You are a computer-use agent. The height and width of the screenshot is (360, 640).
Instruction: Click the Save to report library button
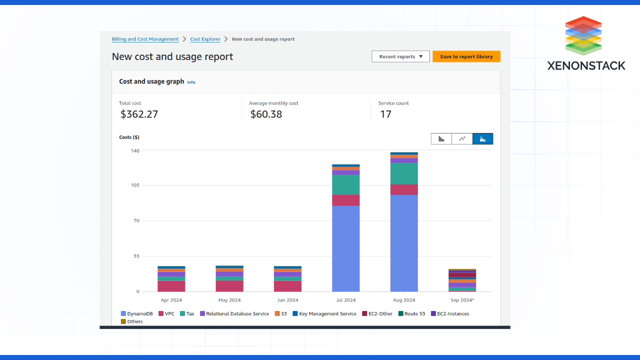pyautogui.click(x=466, y=56)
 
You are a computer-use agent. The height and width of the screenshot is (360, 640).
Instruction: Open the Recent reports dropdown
pyautogui.click(x=400, y=56)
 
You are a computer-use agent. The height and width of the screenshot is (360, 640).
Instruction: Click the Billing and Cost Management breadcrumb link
pyautogui.click(x=145, y=39)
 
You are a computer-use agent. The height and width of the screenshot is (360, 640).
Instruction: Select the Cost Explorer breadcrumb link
pyautogui.click(x=205, y=39)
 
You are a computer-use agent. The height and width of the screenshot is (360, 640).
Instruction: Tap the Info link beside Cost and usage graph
pyautogui.click(x=191, y=82)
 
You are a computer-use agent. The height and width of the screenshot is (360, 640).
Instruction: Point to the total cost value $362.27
pyautogui.click(x=139, y=114)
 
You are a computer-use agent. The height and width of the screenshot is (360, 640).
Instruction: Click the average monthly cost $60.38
pyautogui.click(x=266, y=114)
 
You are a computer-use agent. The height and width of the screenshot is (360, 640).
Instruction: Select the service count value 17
pyautogui.click(x=385, y=114)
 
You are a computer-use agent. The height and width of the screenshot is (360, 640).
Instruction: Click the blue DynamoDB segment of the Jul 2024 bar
pyautogui.click(x=345, y=248)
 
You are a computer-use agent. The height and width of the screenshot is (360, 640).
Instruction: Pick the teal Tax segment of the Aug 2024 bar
pyautogui.click(x=404, y=173)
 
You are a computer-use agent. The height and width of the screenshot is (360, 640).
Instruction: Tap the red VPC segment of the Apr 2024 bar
pyautogui.click(x=171, y=286)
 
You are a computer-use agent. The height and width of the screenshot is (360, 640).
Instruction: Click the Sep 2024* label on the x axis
pyautogui.click(x=461, y=300)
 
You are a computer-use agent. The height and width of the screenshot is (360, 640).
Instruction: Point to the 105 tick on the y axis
pyautogui.click(x=135, y=185)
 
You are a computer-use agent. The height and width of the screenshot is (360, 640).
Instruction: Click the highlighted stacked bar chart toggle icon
pyautogui.click(x=482, y=138)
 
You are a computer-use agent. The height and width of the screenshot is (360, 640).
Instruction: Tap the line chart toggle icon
pyautogui.click(x=462, y=138)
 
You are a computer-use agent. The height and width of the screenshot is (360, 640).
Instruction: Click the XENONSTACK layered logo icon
pyautogui.click(x=583, y=36)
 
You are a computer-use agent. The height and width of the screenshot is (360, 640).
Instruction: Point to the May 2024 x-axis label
pyautogui.click(x=229, y=300)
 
